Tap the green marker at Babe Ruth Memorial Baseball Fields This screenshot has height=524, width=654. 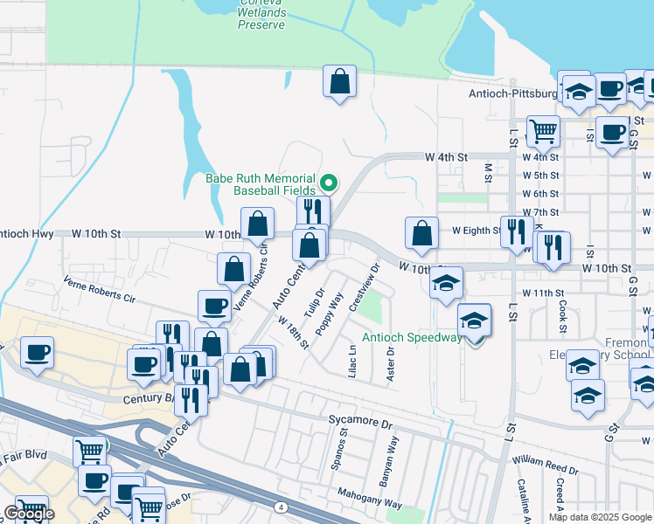click(330, 183)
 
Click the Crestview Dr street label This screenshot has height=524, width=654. click(364, 287)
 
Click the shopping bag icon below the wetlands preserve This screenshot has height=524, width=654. click(338, 83)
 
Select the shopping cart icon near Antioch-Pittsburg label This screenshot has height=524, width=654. click(543, 131)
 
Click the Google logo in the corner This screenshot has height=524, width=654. click(29, 514)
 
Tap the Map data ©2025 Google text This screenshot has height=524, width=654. click(599, 517)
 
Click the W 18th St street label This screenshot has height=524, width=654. click(294, 333)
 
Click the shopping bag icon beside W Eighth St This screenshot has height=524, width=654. click(421, 233)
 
